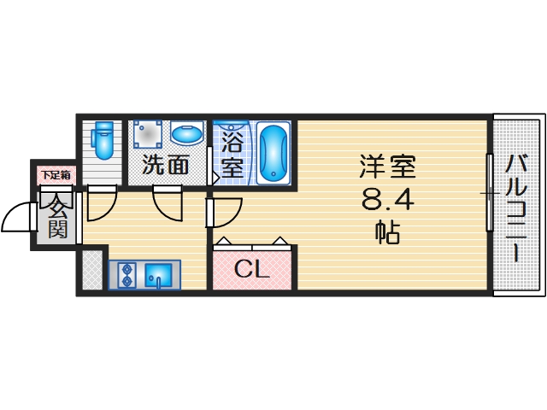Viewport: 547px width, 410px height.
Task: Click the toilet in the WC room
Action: coord(103,141)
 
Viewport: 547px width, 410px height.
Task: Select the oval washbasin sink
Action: coord(185,133)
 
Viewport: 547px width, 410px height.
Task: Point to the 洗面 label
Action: coord(165,164)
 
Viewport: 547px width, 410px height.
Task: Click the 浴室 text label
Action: coord(232,153)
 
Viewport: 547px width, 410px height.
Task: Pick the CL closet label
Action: coord(252,271)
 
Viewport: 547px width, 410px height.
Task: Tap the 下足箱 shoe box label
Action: coord(56,175)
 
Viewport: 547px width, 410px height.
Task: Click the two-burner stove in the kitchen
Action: coord(126,275)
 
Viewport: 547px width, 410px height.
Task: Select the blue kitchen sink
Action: coord(159,275)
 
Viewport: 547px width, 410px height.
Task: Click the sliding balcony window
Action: coord(489,192)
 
